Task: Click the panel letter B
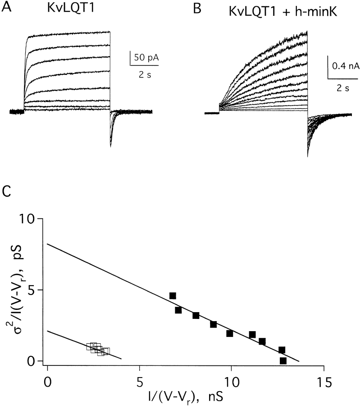click(x=197, y=8)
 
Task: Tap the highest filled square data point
click(x=173, y=296)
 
